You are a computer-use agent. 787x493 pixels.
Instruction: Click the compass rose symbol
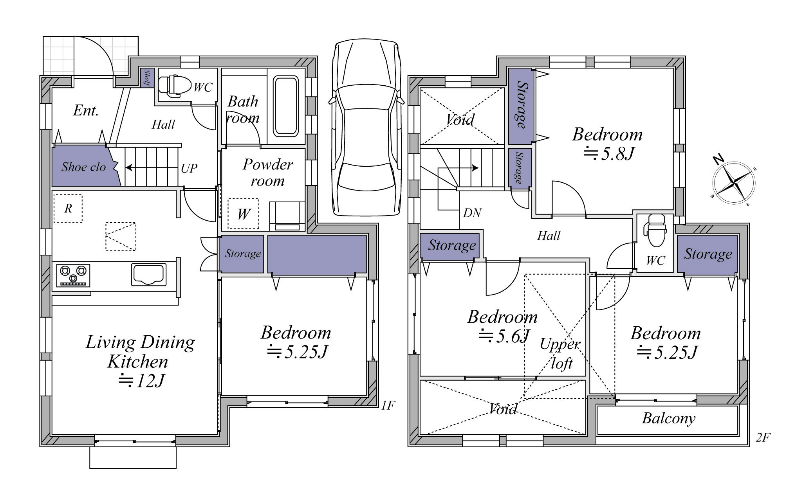(x=734, y=183)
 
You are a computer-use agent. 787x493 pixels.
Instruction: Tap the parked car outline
(x=366, y=128)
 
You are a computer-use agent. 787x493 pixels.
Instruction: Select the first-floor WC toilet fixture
(x=174, y=85)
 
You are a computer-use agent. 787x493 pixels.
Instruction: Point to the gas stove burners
(x=73, y=275)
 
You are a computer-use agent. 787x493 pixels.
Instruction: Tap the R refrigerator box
(x=68, y=209)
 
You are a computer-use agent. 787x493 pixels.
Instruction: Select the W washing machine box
(x=244, y=214)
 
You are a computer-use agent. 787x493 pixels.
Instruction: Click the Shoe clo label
(x=83, y=167)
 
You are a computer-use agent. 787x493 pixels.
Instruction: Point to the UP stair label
(x=189, y=168)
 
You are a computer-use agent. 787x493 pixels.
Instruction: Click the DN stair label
(x=472, y=213)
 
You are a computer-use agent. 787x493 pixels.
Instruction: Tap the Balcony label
(x=669, y=419)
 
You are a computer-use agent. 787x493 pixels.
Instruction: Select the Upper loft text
(x=560, y=354)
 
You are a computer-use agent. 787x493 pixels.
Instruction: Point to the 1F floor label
(x=388, y=405)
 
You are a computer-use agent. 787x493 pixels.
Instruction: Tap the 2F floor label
(x=763, y=437)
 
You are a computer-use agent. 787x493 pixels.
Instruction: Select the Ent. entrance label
(x=86, y=110)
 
